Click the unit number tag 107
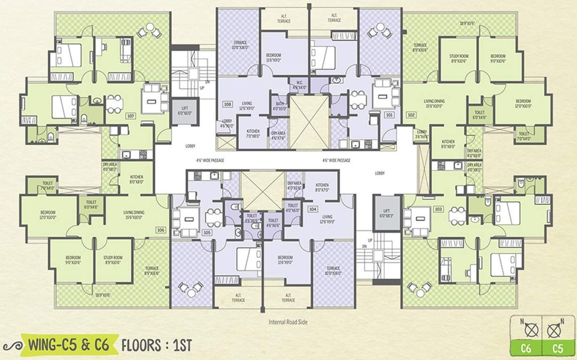pos(131,115)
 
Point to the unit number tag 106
pos(161,230)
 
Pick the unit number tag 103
pos(438,209)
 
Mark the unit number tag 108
pos(228,104)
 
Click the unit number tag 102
pos(411,114)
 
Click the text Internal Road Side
pos(288,322)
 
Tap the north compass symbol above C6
pos(531,330)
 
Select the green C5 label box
pos(557,348)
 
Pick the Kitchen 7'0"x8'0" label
pos(253,134)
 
